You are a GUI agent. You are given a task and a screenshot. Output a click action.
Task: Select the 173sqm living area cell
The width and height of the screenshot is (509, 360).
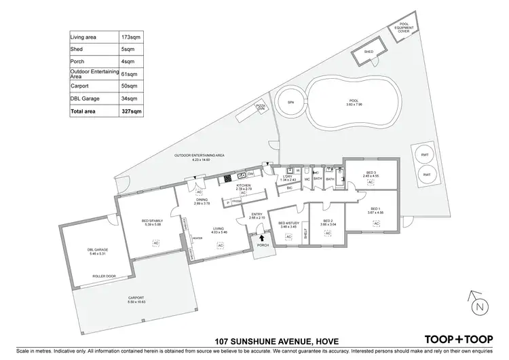pyautogui.click(x=132, y=37)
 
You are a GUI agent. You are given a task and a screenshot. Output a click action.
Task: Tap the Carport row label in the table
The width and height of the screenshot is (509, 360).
pyautogui.click(x=80, y=86)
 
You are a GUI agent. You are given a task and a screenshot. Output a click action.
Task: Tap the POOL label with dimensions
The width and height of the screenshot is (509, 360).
pyautogui.click(x=352, y=103)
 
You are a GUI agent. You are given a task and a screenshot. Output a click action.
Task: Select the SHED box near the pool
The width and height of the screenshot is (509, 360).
pyautogui.click(x=369, y=52)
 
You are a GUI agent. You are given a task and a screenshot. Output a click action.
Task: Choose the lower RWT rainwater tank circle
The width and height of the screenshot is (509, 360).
pyautogui.click(x=427, y=175)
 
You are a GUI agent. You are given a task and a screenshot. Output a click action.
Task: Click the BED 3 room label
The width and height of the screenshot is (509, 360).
pyautogui.click(x=371, y=173)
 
